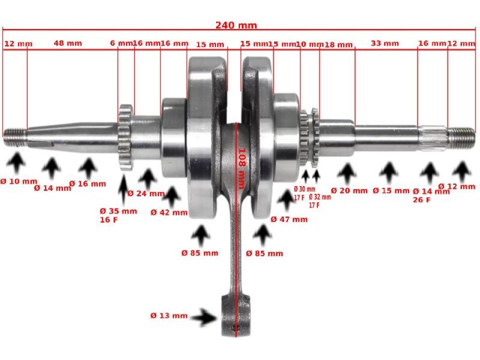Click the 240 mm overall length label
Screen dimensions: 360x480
click(236, 25)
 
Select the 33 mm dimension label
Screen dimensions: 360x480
click(385, 43)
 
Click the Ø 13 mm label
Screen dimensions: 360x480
click(169, 315)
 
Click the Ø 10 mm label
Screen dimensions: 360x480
click(18, 181)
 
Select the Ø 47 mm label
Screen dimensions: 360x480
click(289, 219)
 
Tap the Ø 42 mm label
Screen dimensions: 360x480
click(169, 212)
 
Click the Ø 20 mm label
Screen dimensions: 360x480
click(349, 190)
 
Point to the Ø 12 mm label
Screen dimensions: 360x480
click(456, 186)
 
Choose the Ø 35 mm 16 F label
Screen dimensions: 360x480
click(118, 215)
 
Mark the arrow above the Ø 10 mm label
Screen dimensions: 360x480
click(18, 163)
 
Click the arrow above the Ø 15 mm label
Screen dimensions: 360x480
click(388, 172)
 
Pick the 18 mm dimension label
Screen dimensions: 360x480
click(339, 44)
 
